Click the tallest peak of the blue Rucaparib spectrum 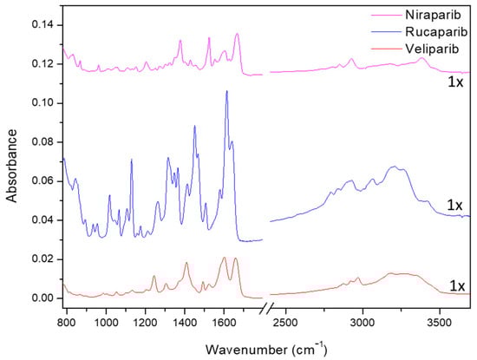click(226, 91)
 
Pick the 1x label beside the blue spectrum click(454, 205)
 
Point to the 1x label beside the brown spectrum click(454, 285)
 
